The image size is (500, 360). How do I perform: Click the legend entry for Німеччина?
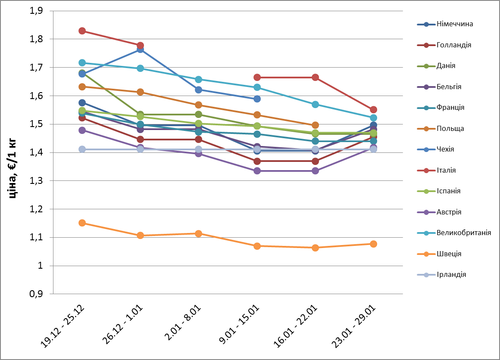click(x=454, y=24)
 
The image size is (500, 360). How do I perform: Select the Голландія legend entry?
click(x=453, y=45)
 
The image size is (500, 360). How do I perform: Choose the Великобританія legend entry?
click(x=463, y=233)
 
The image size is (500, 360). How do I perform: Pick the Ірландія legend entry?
click(x=451, y=275)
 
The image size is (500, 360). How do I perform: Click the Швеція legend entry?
click(x=449, y=254)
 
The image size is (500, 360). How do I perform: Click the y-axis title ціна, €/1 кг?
click(x=13, y=152)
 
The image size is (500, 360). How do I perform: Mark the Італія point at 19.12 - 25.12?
click(x=82, y=31)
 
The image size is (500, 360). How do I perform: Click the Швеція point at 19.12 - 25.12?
click(x=82, y=223)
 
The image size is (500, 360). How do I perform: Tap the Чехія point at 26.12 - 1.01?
click(x=140, y=50)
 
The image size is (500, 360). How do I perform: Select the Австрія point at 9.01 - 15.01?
click(x=257, y=171)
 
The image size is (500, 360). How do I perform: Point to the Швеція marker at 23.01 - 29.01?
click(x=373, y=244)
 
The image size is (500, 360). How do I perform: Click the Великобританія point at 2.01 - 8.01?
click(x=199, y=80)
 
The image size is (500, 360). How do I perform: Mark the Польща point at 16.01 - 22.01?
click(x=315, y=125)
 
